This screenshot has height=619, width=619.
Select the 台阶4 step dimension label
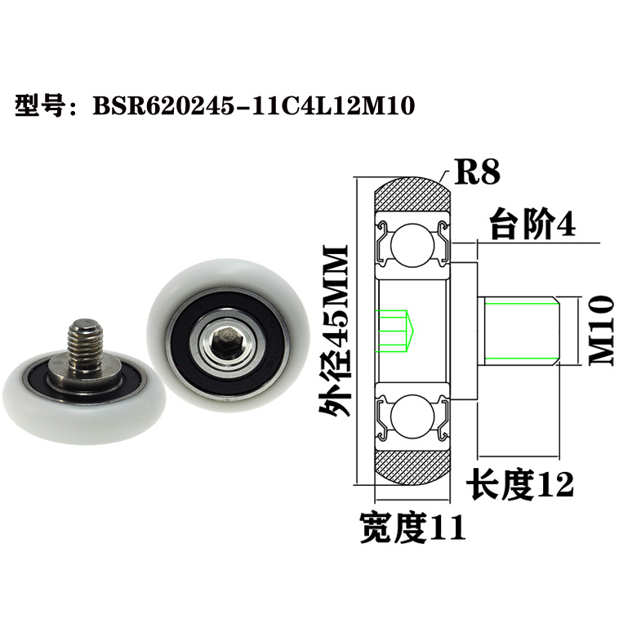pos(532,224)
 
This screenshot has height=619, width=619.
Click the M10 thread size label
pos(600,330)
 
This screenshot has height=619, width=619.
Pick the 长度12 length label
pos(520,485)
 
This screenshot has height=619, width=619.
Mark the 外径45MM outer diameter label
pos(335,331)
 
